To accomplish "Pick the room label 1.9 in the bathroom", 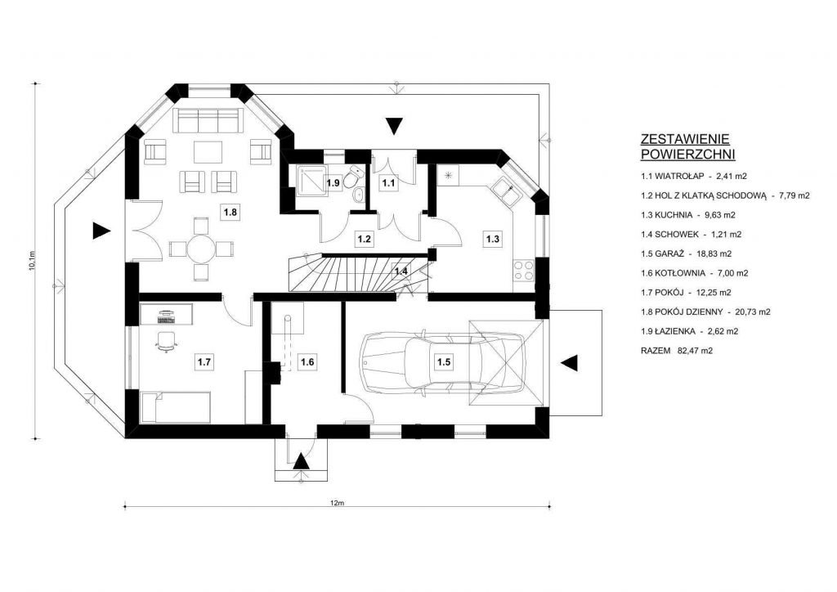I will pos(333,183).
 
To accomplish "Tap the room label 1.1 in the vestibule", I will pos(389,183).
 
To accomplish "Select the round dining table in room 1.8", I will pos(197,248).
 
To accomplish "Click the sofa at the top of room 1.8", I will pos(208,122).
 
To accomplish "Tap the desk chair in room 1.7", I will pos(166,341).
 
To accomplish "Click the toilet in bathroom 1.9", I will pos(355,178).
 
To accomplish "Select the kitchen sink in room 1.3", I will pos(504,194).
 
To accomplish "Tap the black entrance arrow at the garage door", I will pos(570,362).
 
